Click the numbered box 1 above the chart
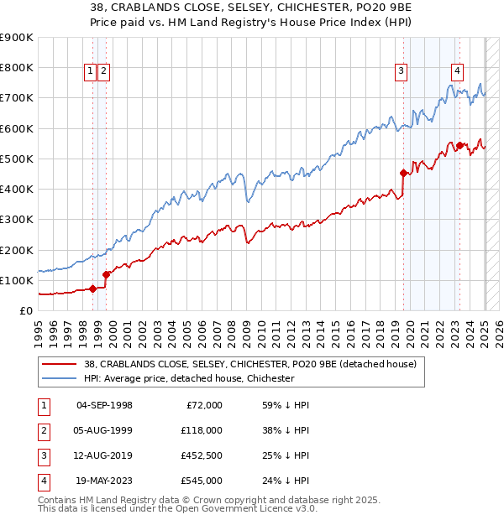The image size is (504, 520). point(89,71)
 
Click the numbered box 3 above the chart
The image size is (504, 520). point(402,71)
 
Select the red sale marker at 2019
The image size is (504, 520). point(403,174)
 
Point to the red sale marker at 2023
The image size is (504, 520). point(460,145)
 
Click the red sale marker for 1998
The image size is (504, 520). point(93,289)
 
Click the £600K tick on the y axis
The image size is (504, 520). point(18,128)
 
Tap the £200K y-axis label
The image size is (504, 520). point(18,250)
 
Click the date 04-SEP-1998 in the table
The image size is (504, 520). point(104,405)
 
